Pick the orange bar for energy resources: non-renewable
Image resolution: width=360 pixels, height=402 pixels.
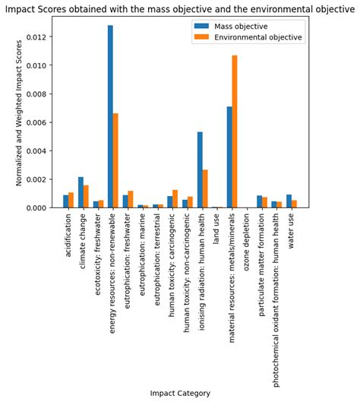pyautogui.click(x=115, y=160)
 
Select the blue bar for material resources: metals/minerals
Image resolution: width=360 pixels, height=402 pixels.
pyautogui.click(x=229, y=157)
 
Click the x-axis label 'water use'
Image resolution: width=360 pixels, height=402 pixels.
pyautogui.click(x=292, y=231)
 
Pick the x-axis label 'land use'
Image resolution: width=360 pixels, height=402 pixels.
pyautogui.click(x=217, y=229)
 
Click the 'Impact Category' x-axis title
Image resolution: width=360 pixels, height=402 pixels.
pyautogui.click(x=179, y=393)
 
